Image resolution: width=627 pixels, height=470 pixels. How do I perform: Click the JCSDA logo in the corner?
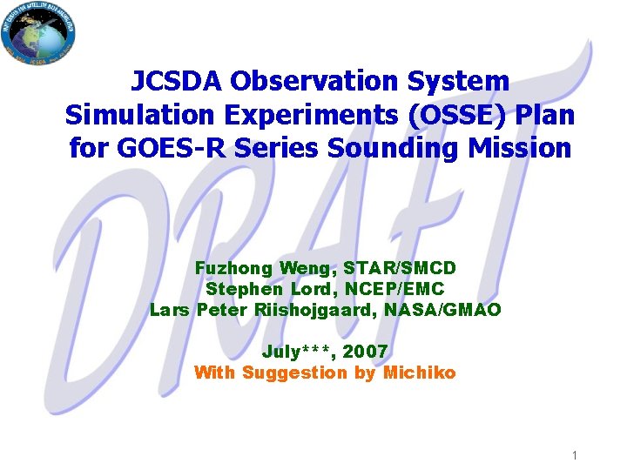39,34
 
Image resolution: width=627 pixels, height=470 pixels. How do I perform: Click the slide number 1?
576,455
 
